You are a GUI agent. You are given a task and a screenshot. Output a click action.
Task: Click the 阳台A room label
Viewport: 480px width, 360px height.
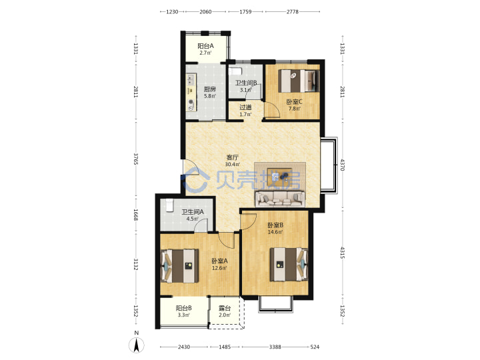[205, 46]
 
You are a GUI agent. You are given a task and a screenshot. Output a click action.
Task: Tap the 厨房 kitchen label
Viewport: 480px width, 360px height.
[210, 89]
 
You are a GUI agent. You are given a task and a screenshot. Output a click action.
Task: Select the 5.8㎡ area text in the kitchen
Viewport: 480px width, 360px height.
[210, 96]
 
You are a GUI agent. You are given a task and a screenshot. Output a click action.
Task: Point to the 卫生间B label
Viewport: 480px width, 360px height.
[246, 83]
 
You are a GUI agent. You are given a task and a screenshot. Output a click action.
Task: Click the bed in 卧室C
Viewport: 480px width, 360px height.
[299, 81]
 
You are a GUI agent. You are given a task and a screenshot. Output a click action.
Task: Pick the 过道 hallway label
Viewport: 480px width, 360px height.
[245, 107]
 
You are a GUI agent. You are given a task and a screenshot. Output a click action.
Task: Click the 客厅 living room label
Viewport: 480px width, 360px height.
[232, 157]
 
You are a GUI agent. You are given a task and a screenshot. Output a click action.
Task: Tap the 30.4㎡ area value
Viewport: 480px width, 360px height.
[233, 165]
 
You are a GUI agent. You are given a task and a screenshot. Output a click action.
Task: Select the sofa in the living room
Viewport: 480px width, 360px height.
[280, 199]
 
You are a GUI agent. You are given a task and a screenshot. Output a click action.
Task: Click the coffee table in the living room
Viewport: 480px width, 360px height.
[280, 177]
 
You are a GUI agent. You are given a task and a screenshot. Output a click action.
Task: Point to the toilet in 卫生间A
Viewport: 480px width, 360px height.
[169, 205]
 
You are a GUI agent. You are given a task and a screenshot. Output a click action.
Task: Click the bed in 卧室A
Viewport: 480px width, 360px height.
[180, 266]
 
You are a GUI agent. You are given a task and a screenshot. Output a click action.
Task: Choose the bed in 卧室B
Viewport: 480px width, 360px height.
[289, 265]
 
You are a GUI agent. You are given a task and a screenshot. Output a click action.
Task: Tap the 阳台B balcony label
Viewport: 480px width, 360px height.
[184, 308]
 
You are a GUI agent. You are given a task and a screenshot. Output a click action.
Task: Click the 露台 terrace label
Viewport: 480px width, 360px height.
[225, 308]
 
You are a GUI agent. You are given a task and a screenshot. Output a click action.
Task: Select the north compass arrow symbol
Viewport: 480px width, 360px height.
[137, 345]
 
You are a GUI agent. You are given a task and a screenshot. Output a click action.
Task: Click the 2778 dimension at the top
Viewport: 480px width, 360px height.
[293, 11]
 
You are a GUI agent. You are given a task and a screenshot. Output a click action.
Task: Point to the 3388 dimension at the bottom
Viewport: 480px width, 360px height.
[275, 347]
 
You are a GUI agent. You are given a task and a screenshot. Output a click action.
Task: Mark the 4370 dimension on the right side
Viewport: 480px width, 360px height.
[342, 165]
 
